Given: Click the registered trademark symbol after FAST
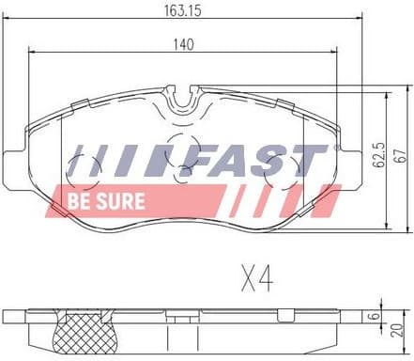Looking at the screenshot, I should click(333, 148).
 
